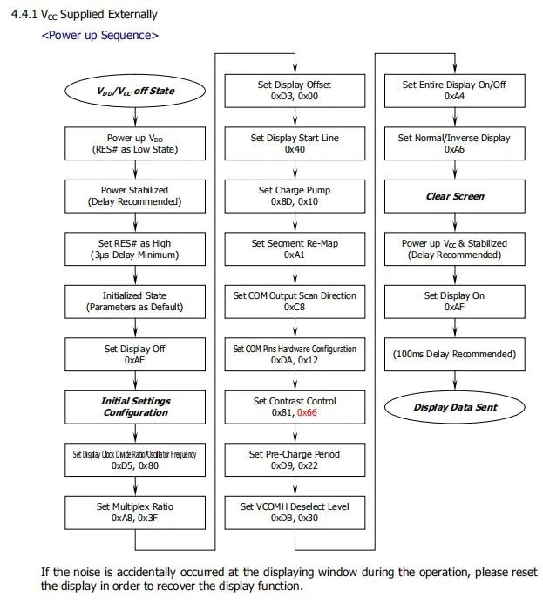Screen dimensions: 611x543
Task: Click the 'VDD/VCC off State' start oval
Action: (x=134, y=91)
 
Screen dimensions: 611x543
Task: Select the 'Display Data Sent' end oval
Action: (x=455, y=406)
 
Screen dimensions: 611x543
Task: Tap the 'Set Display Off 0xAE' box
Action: (x=134, y=354)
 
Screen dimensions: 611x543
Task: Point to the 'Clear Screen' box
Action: (x=455, y=196)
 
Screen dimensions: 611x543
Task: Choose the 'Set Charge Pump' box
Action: (x=295, y=196)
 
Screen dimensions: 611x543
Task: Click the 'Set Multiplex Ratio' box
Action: (x=134, y=512)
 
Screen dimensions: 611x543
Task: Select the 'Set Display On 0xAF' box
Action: (x=455, y=302)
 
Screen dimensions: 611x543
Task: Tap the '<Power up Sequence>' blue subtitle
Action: (x=100, y=36)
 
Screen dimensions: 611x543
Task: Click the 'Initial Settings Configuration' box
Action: (x=134, y=406)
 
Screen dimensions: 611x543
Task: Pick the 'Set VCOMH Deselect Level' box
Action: (x=295, y=512)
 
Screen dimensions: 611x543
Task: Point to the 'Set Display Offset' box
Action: (x=295, y=91)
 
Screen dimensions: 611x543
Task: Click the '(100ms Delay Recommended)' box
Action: (x=455, y=354)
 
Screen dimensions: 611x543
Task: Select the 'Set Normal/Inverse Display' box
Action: (x=455, y=144)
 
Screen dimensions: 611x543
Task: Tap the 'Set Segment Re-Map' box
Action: (x=295, y=248)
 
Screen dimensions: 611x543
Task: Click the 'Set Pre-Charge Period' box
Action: (x=295, y=459)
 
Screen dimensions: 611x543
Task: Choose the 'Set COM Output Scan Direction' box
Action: (x=295, y=302)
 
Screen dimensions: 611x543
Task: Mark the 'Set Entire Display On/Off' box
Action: (x=455, y=91)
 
